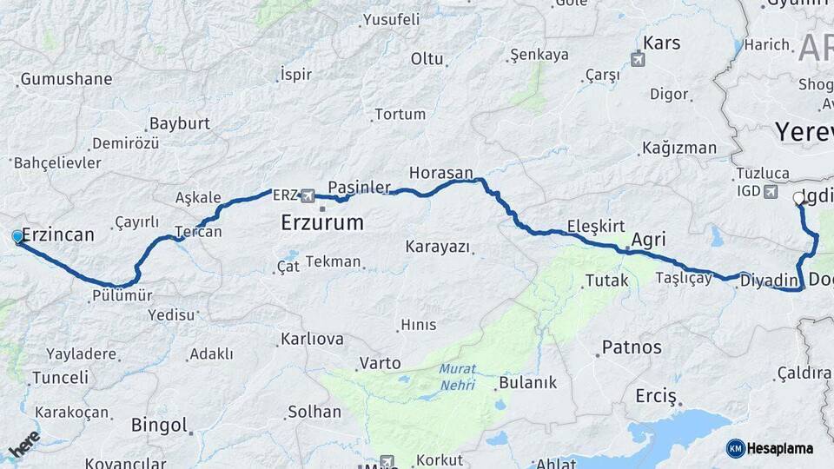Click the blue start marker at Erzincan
coord(17,236)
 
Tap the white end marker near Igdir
coord(799,199)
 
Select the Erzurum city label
coord(321,223)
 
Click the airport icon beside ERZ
coord(308,195)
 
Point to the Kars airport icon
coord(639,60)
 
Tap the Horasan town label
coord(441,173)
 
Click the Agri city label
coord(648,239)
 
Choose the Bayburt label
coord(180,123)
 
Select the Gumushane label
coord(66,79)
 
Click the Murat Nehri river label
coord(457,376)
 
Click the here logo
coord(24,445)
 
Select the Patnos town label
coord(632,347)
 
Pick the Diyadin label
coord(770,280)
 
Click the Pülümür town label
coord(122,296)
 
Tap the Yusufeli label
coord(391,19)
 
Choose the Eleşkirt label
coord(596,227)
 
